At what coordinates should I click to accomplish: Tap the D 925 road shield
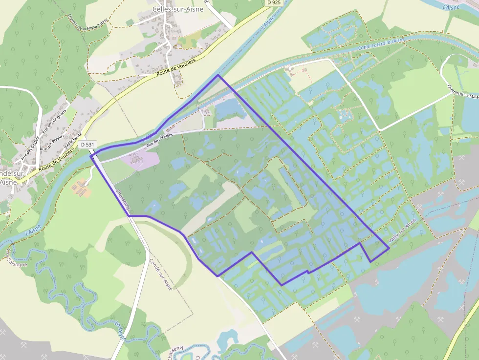pyautogui.click(x=275, y=3)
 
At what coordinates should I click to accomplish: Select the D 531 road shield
pyautogui.click(x=88, y=145)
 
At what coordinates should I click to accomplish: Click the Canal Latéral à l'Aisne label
pyautogui.click(x=381, y=44)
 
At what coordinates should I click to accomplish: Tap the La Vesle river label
pyautogui.click(x=120, y=330)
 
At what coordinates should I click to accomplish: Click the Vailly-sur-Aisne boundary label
pyautogui.click(x=402, y=232)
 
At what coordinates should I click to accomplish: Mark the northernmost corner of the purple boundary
pyautogui.click(x=218, y=75)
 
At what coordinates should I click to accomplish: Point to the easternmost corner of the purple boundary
pyautogui.click(x=389, y=248)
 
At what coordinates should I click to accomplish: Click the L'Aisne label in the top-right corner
pyautogui.click(x=452, y=6)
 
